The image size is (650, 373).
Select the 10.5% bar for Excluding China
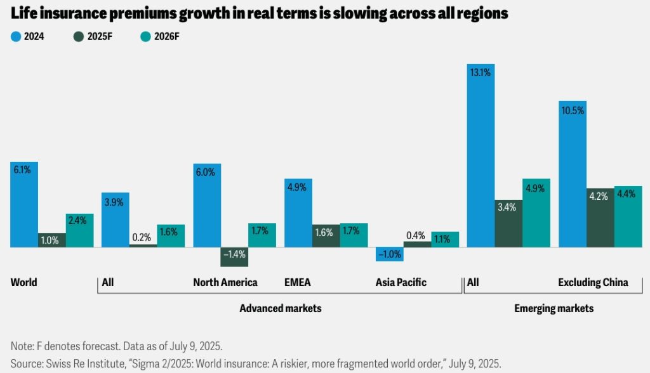[572, 174]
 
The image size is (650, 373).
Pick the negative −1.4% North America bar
[234, 256]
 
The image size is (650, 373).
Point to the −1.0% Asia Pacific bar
[389, 254]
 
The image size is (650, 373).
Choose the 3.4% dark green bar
[508, 223]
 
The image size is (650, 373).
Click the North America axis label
[225, 282]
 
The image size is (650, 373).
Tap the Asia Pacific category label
[401, 282]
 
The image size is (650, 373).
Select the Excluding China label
[592, 282]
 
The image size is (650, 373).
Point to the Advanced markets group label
[280, 308]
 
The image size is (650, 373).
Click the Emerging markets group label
[554, 308]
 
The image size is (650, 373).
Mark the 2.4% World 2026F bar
[79, 230]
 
